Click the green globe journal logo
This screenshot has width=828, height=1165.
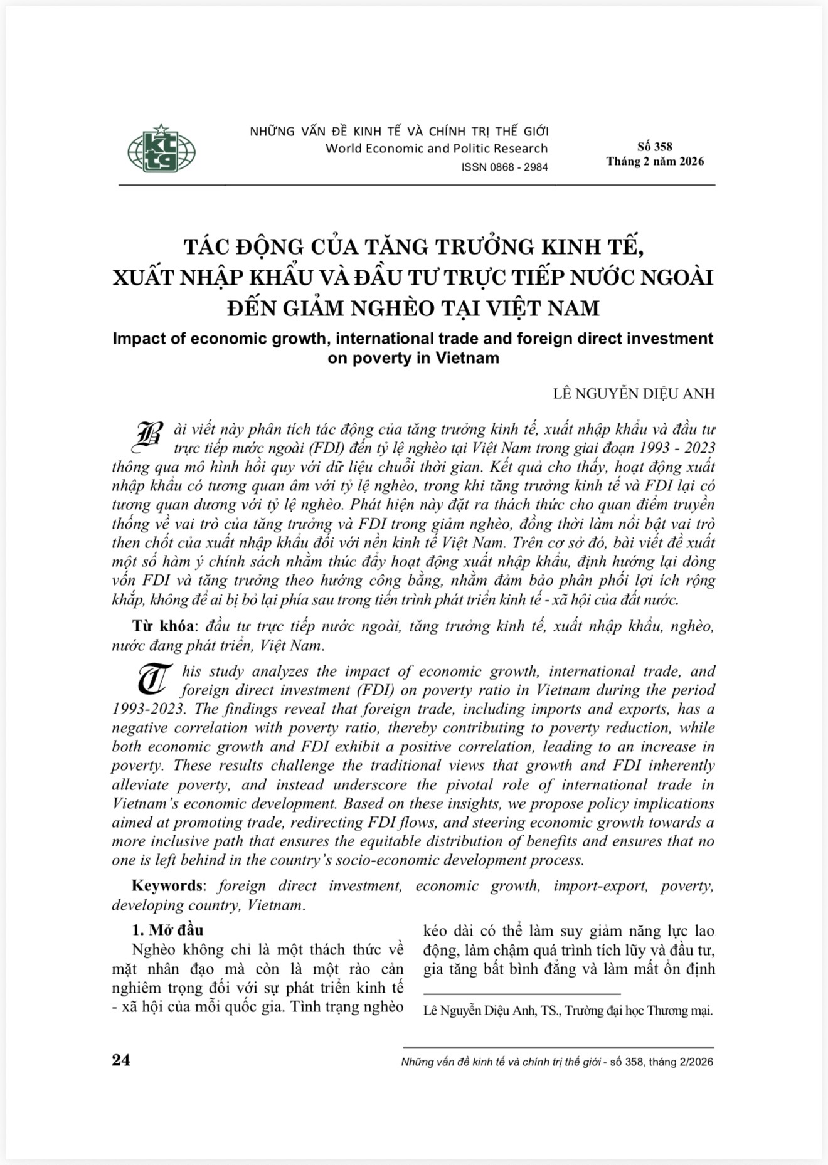[161, 149]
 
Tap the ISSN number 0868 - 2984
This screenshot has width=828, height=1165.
[504, 167]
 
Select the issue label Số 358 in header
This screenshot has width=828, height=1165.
[654, 147]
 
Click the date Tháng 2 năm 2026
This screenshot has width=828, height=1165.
[655, 161]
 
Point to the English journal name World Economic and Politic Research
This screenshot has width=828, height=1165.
[436, 149]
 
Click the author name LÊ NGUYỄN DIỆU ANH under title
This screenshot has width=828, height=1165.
[634, 394]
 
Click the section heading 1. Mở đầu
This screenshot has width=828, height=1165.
[167, 930]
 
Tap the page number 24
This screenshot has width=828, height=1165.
[121, 1060]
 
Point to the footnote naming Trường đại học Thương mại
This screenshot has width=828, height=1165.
[568, 1011]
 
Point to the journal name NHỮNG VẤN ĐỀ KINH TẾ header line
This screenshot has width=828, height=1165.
[399, 132]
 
